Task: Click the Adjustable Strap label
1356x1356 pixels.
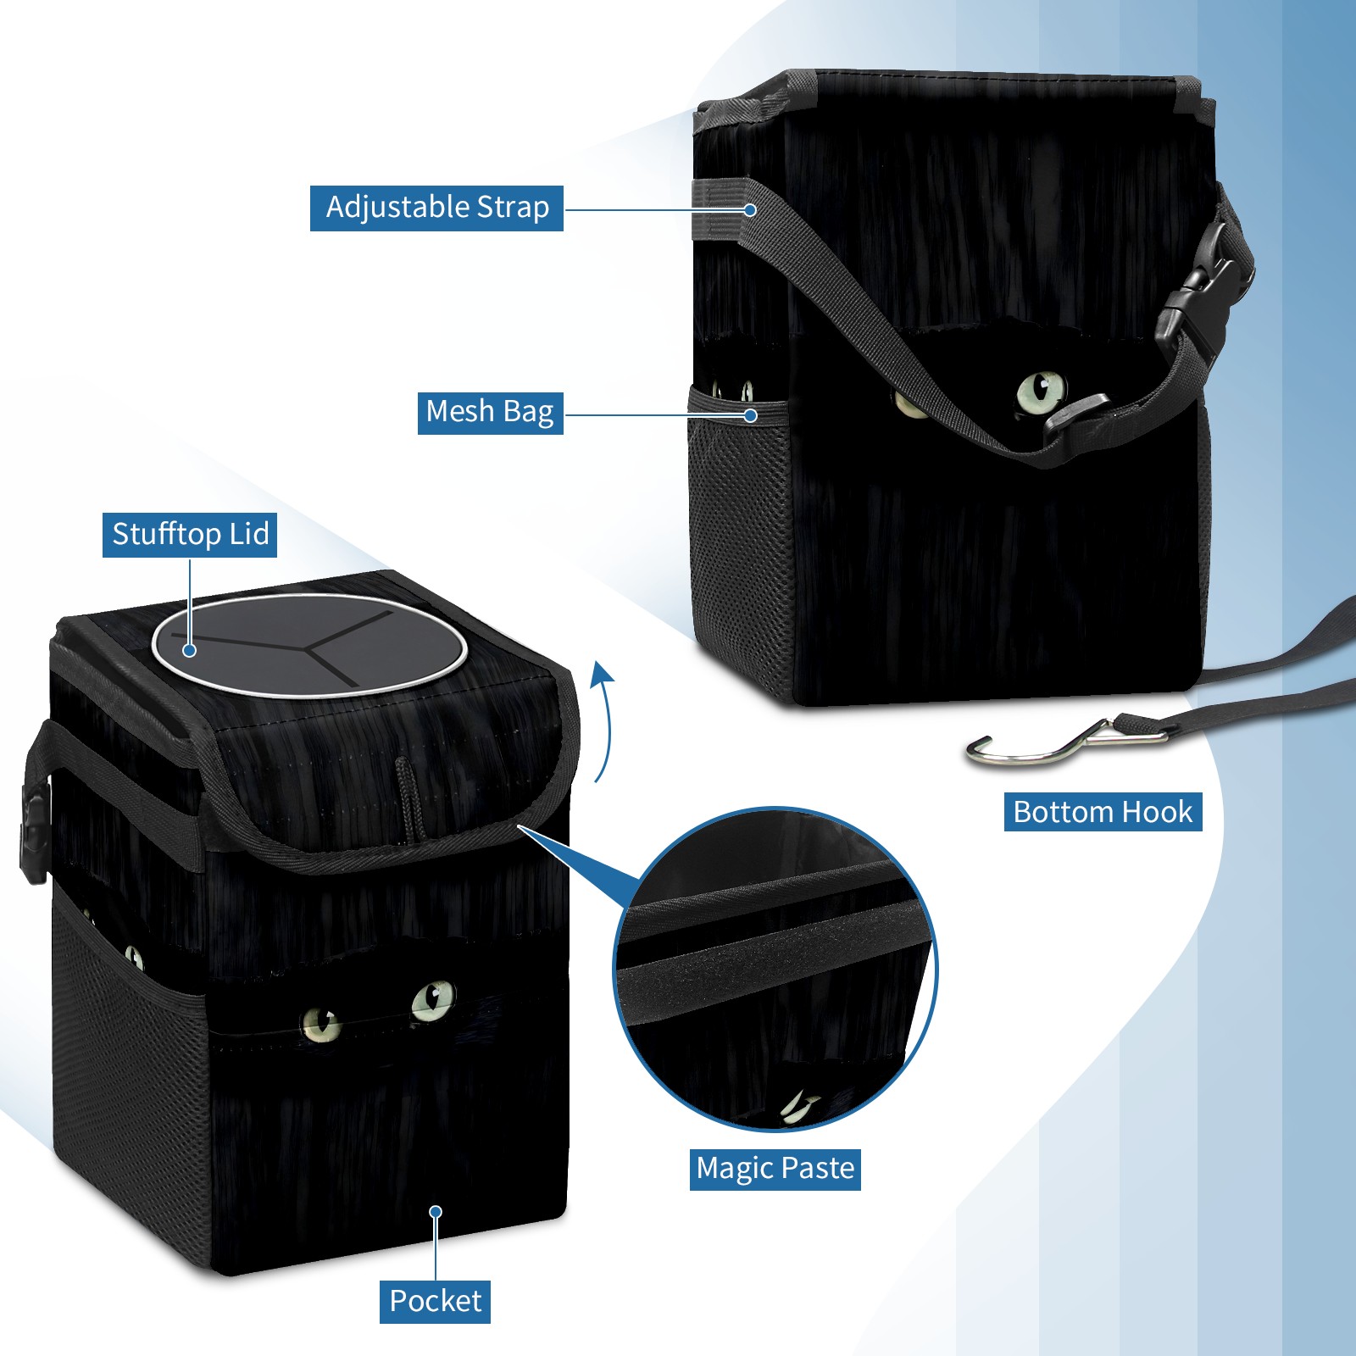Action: click(436, 208)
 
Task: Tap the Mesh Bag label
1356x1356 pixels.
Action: click(490, 412)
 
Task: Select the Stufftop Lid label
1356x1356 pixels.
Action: click(190, 535)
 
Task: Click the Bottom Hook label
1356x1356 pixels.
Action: click(1103, 812)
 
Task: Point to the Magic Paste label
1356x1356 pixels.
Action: click(775, 1169)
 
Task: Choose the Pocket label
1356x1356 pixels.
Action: click(435, 1301)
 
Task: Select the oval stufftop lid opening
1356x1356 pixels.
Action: click(309, 645)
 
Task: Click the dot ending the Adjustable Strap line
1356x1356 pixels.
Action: click(750, 209)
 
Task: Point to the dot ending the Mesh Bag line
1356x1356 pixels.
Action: click(750, 415)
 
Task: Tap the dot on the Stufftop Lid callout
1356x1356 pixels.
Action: click(190, 650)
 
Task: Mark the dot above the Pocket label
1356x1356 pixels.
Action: click(436, 1212)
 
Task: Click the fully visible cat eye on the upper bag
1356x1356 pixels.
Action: click(1041, 392)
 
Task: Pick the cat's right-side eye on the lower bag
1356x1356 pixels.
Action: click(432, 1000)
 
